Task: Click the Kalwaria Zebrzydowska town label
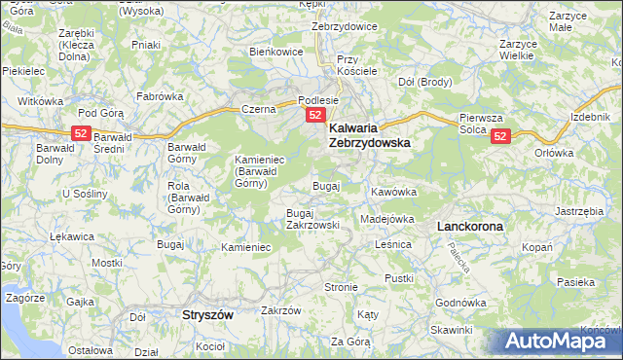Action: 369,134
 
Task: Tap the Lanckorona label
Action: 470,226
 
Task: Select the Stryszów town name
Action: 211,316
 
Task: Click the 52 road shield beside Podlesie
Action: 315,116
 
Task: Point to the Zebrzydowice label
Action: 344,26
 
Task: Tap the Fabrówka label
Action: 160,96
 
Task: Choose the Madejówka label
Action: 387,219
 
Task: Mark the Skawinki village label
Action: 450,331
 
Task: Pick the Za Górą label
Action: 350,342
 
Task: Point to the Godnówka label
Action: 460,303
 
